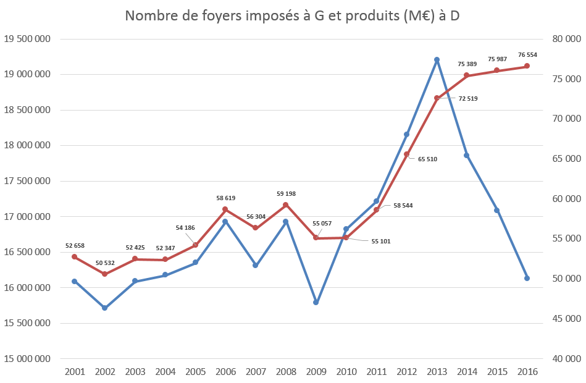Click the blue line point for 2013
[437, 60]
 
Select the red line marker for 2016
[527, 66]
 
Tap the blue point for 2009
[316, 303]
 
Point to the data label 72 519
[467, 98]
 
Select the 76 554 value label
[527, 55]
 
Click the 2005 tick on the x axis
[195, 372]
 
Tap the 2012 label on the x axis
[406, 372]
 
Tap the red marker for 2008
[285, 205]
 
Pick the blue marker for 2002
[105, 308]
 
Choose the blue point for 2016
[527, 278]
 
